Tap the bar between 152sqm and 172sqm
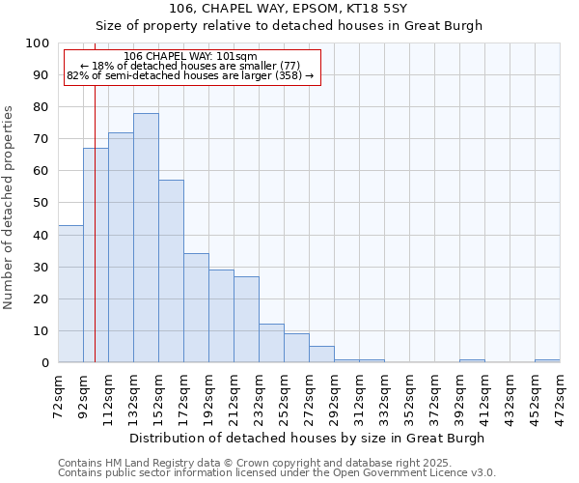(x=171, y=270)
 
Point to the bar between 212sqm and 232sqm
(x=246, y=319)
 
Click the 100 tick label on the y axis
(x=37, y=43)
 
